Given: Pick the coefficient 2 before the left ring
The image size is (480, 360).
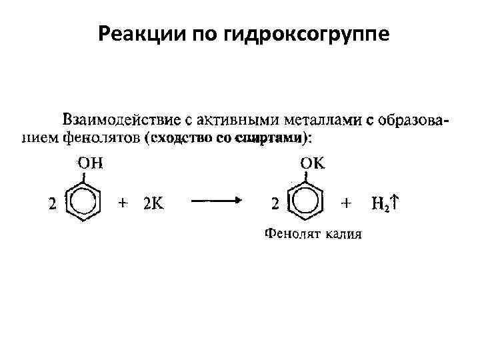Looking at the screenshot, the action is tap(51, 203).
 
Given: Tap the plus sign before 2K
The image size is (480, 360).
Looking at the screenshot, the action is tap(123, 203).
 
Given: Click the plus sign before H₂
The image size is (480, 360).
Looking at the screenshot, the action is tap(345, 203).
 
